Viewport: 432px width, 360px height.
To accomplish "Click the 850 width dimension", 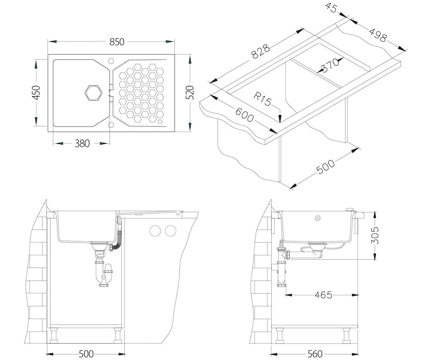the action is pos(117,42).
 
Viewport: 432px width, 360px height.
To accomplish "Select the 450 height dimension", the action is pos(36,93).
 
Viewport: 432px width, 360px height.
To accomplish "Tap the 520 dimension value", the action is pos(189,93).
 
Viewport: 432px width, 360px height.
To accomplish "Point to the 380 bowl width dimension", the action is pos(82,143).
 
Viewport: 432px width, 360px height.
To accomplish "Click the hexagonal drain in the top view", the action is pos(93,93).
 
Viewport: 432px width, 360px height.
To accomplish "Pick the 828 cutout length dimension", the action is pos(261,51).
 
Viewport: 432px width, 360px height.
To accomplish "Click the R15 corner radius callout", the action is pos(262,99).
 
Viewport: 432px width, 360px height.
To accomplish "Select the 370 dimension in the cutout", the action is pos(330,65).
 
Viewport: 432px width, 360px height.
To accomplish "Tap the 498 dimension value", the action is pos(378,35).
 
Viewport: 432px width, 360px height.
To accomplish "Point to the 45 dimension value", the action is pos(331,8).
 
